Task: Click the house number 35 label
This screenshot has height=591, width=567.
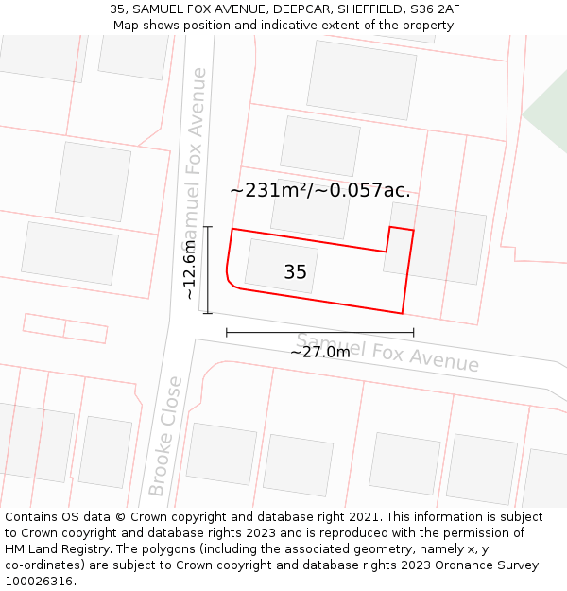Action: (295, 272)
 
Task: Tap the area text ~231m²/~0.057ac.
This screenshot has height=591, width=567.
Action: (320, 190)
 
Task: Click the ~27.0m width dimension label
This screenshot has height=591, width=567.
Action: (319, 352)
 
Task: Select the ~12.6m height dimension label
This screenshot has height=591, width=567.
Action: (189, 270)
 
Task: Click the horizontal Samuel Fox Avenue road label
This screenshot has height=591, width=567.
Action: (387, 353)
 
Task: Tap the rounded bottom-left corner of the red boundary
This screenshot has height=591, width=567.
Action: (231, 281)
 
